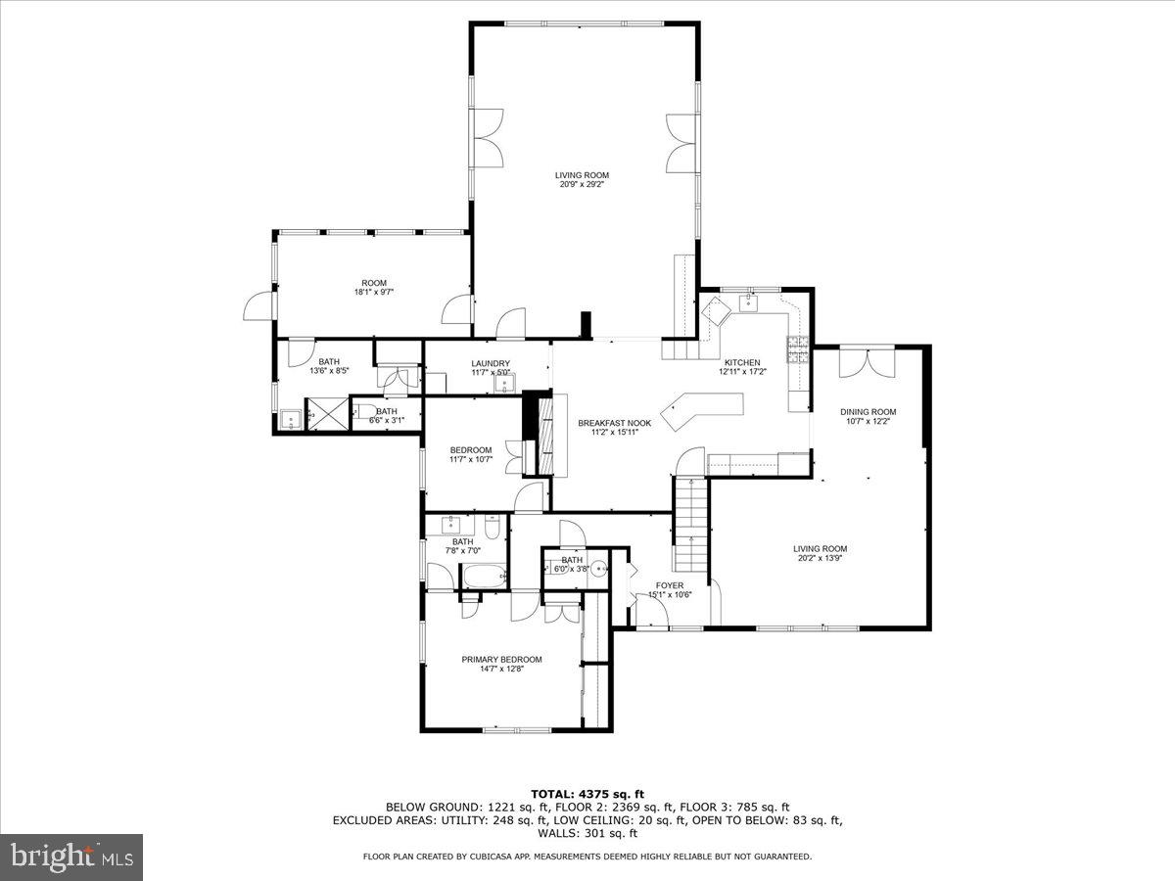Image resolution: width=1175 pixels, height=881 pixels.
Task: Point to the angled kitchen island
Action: click(702, 408)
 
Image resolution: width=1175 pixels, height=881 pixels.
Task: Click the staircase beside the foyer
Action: click(689, 524)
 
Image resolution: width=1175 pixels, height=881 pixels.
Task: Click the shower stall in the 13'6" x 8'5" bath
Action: click(326, 415)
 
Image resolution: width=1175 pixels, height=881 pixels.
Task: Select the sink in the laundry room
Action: click(506, 383)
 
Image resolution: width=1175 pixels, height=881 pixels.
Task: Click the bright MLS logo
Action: click(71, 858)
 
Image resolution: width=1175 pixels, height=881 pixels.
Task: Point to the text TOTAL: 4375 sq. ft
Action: click(587, 794)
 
